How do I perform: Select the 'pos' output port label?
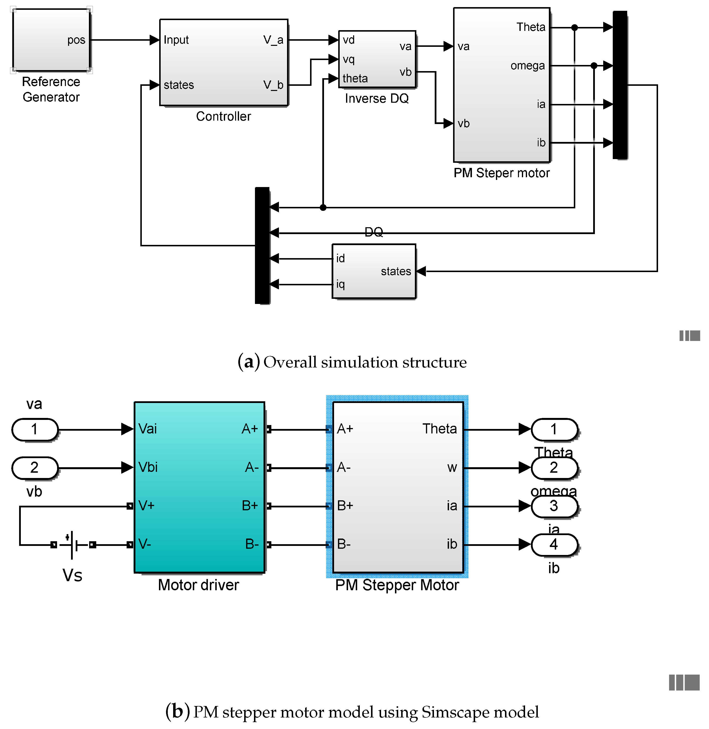76,40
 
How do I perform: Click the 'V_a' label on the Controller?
273,40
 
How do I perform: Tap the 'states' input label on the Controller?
179,85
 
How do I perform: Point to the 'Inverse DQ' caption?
377,98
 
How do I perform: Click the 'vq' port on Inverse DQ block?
348,60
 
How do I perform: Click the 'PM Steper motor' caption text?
501,173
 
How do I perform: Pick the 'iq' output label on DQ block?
340,284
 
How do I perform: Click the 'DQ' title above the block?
373,232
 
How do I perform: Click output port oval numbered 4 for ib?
554,544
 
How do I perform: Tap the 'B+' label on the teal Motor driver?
250,506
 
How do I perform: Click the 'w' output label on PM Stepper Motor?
452,467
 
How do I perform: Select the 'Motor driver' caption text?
198,585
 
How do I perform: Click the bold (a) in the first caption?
248,362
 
